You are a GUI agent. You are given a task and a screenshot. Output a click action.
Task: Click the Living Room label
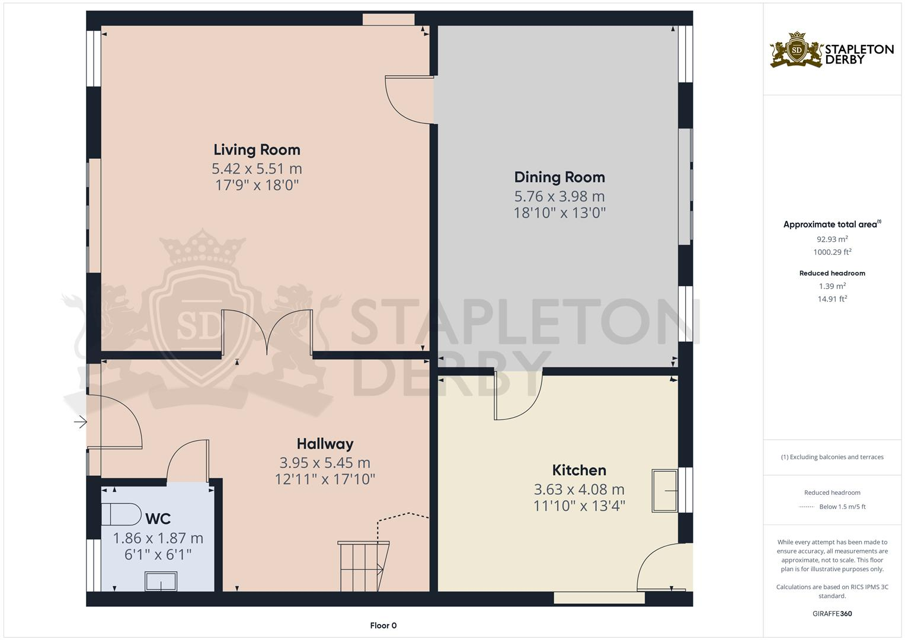[257, 150]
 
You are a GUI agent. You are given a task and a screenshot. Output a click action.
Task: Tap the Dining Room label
[559, 177]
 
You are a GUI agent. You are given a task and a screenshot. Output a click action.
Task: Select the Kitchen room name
[578, 471]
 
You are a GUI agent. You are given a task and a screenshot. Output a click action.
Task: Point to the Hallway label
[325, 444]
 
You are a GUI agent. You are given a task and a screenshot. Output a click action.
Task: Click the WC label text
[158, 519]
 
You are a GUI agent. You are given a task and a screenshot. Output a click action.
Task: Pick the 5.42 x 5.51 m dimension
[257, 169]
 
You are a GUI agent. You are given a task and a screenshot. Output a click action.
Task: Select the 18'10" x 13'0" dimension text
[559, 213]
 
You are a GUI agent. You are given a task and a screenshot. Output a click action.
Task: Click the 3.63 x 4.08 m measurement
[578, 489]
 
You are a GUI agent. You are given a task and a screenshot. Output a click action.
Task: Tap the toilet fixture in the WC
[121, 514]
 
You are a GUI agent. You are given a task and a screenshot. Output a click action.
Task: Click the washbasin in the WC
[161, 581]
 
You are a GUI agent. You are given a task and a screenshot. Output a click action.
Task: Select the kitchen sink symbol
[664, 491]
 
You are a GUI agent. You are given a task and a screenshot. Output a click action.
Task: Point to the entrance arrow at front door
[80, 422]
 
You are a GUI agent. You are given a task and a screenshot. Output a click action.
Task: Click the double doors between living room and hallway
[267, 332]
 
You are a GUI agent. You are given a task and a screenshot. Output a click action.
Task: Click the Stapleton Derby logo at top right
[832, 50]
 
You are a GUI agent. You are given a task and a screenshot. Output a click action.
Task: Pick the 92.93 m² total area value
[832, 239]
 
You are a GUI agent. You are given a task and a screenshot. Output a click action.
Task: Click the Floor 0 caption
[383, 625]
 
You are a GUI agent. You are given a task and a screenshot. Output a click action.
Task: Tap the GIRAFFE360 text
[832, 613]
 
